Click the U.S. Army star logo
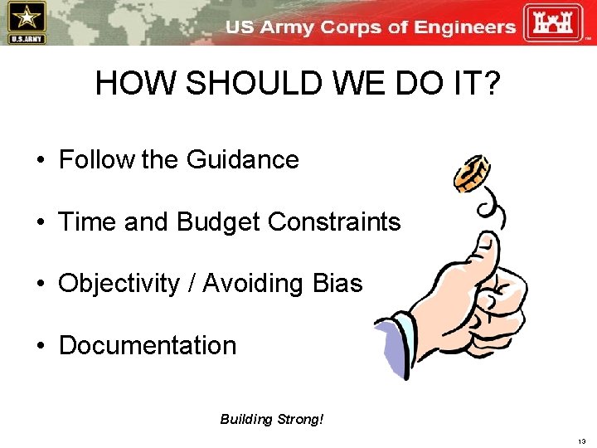26,22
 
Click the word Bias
337,284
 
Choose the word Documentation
148,345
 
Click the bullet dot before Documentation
41,346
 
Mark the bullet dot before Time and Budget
41,222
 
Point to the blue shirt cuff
396,339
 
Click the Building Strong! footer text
271,419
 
